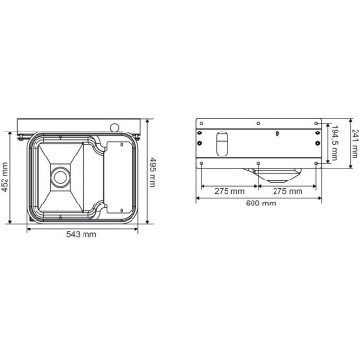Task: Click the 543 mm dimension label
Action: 82,234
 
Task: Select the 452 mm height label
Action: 5,178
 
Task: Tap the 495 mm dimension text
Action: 153,173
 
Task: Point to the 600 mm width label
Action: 260,204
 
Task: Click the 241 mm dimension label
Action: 355,143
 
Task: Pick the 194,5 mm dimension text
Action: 335,142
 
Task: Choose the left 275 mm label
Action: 229,191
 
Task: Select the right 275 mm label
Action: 287,191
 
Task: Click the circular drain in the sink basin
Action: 60,176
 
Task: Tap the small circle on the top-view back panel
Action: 113,128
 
